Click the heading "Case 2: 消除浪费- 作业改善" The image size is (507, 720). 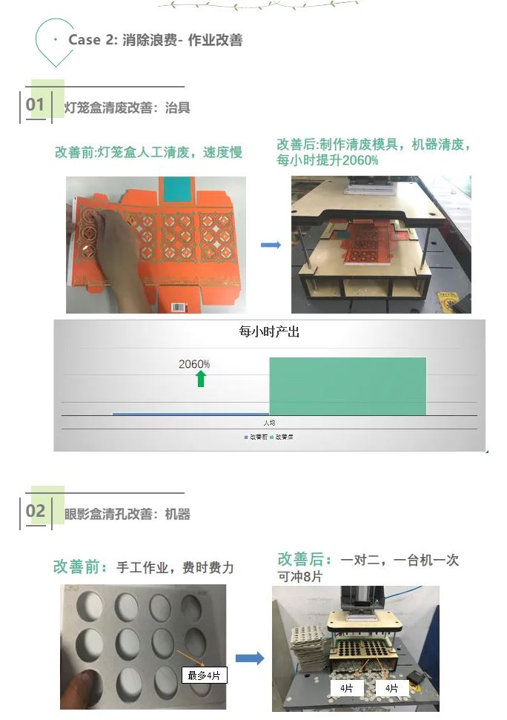click(x=155, y=40)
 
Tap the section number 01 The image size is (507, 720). click(x=35, y=105)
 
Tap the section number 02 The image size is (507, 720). click(x=36, y=511)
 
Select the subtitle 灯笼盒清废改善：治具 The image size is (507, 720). click(x=127, y=108)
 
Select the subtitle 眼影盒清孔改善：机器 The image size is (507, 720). click(x=127, y=514)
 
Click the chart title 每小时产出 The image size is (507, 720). click(x=269, y=331)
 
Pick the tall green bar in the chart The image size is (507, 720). click(x=348, y=386)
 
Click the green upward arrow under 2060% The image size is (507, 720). click(x=201, y=379)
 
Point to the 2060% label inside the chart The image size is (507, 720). click(x=194, y=363)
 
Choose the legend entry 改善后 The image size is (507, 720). click(x=282, y=437)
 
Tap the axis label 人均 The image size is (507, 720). click(x=269, y=423)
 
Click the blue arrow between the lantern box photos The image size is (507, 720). click(x=271, y=245)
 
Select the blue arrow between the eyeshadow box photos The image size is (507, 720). click(x=250, y=658)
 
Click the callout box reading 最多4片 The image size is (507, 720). click(x=204, y=675)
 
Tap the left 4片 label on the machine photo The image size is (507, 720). click(x=347, y=688)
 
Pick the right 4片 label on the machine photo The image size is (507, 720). click(x=392, y=688)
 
